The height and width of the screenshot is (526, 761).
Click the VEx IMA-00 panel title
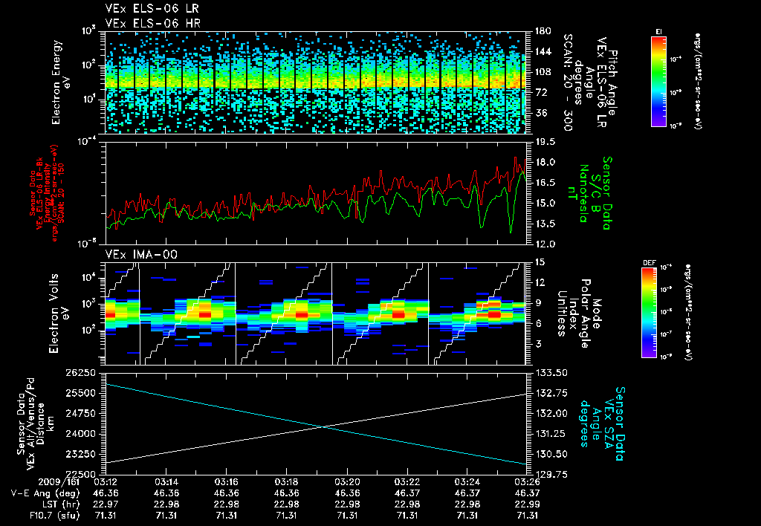tap(134, 254)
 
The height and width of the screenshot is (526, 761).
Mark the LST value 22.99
tap(527, 504)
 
